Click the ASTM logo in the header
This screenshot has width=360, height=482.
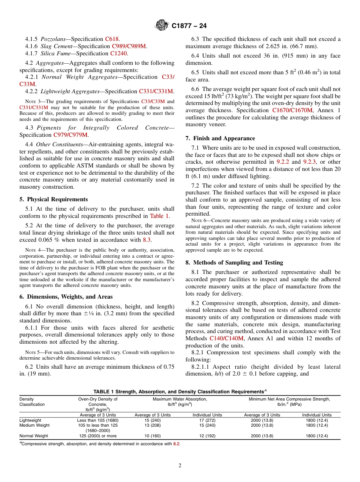point(161,26)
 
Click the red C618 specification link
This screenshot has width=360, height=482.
point(112,39)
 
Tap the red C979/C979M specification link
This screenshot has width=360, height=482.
point(70,135)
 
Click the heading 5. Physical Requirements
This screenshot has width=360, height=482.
point(53,199)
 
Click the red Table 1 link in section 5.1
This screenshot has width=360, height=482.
point(159,216)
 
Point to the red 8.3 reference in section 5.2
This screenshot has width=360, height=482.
point(147,240)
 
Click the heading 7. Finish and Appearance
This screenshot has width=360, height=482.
point(220,138)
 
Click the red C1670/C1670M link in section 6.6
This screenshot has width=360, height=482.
point(293,110)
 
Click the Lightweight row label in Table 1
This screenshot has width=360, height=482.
point(30,420)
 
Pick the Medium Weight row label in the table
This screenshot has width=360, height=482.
point(34,425)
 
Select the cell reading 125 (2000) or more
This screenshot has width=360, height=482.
point(97,436)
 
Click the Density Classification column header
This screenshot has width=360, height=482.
point(32,402)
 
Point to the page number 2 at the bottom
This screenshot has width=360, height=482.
point(180,466)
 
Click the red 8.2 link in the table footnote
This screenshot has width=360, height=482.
point(176,444)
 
